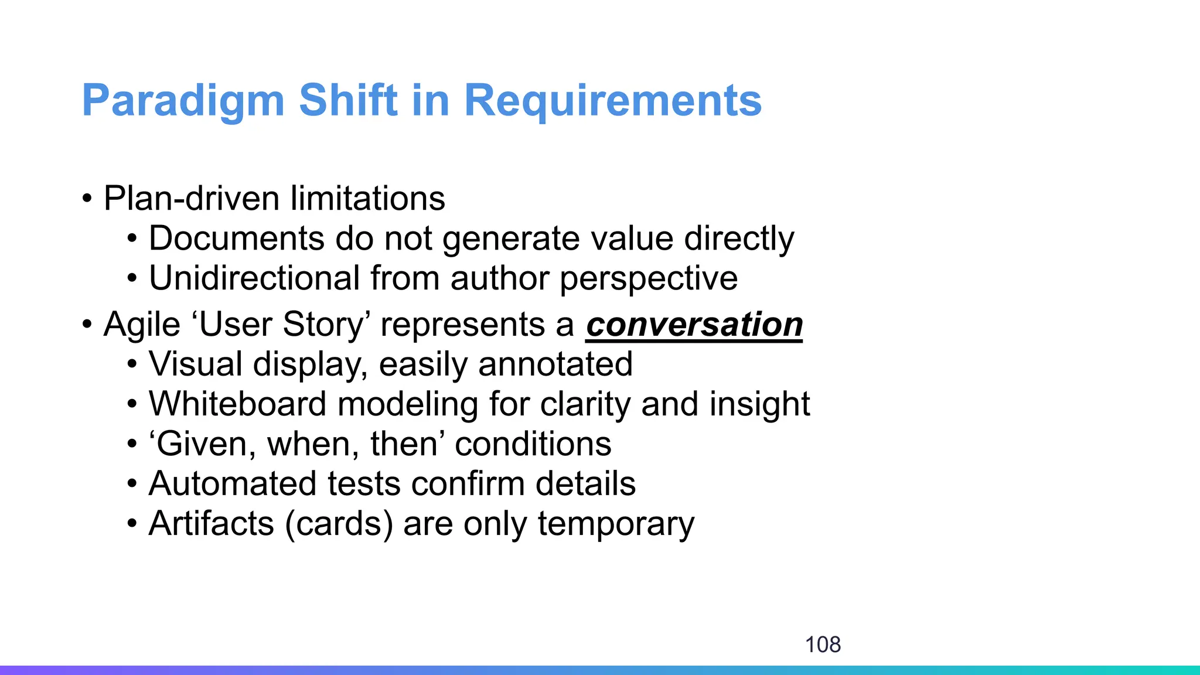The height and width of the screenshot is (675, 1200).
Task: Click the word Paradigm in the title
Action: [183, 101]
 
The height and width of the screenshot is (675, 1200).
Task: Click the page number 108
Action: [823, 645]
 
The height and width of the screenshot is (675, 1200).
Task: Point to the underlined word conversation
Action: [694, 325]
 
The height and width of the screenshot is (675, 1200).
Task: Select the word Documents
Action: [236, 238]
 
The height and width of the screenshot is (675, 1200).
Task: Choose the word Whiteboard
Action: [237, 404]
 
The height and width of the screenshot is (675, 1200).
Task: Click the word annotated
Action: [555, 364]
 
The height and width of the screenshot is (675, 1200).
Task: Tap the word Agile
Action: [141, 325]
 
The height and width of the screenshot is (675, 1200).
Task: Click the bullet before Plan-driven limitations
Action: [87, 198]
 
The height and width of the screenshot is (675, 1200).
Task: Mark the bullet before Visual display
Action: [132, 364]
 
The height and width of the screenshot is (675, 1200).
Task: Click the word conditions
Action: [533, 444]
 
